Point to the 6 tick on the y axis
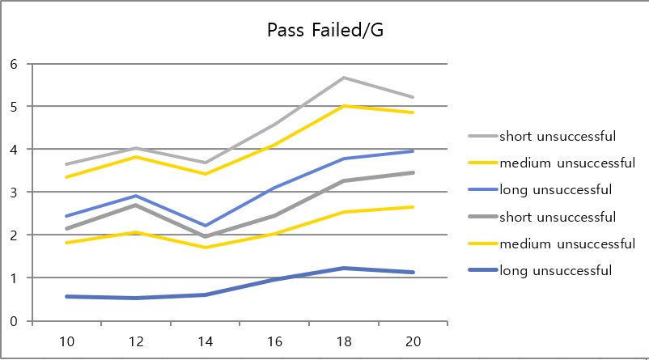pos(13,64)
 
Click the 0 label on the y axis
pos(13,321)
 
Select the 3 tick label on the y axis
pos(13,193)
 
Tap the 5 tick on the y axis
pos(13,107)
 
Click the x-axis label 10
pos(66,342)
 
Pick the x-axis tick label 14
pos(205,342)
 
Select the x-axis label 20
pos(413,342)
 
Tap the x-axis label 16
pos(274,342)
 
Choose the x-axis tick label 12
pos(136,342)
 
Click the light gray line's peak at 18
pos(344,78)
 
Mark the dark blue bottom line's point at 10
pos(66,296)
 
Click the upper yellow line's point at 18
pos(344,106)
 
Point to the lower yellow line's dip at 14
pos(205,248)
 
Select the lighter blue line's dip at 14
pos(205,226)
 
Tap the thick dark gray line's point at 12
pos(136,205)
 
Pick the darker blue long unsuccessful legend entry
pos(554,270)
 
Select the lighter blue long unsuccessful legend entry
pos(554,189)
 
